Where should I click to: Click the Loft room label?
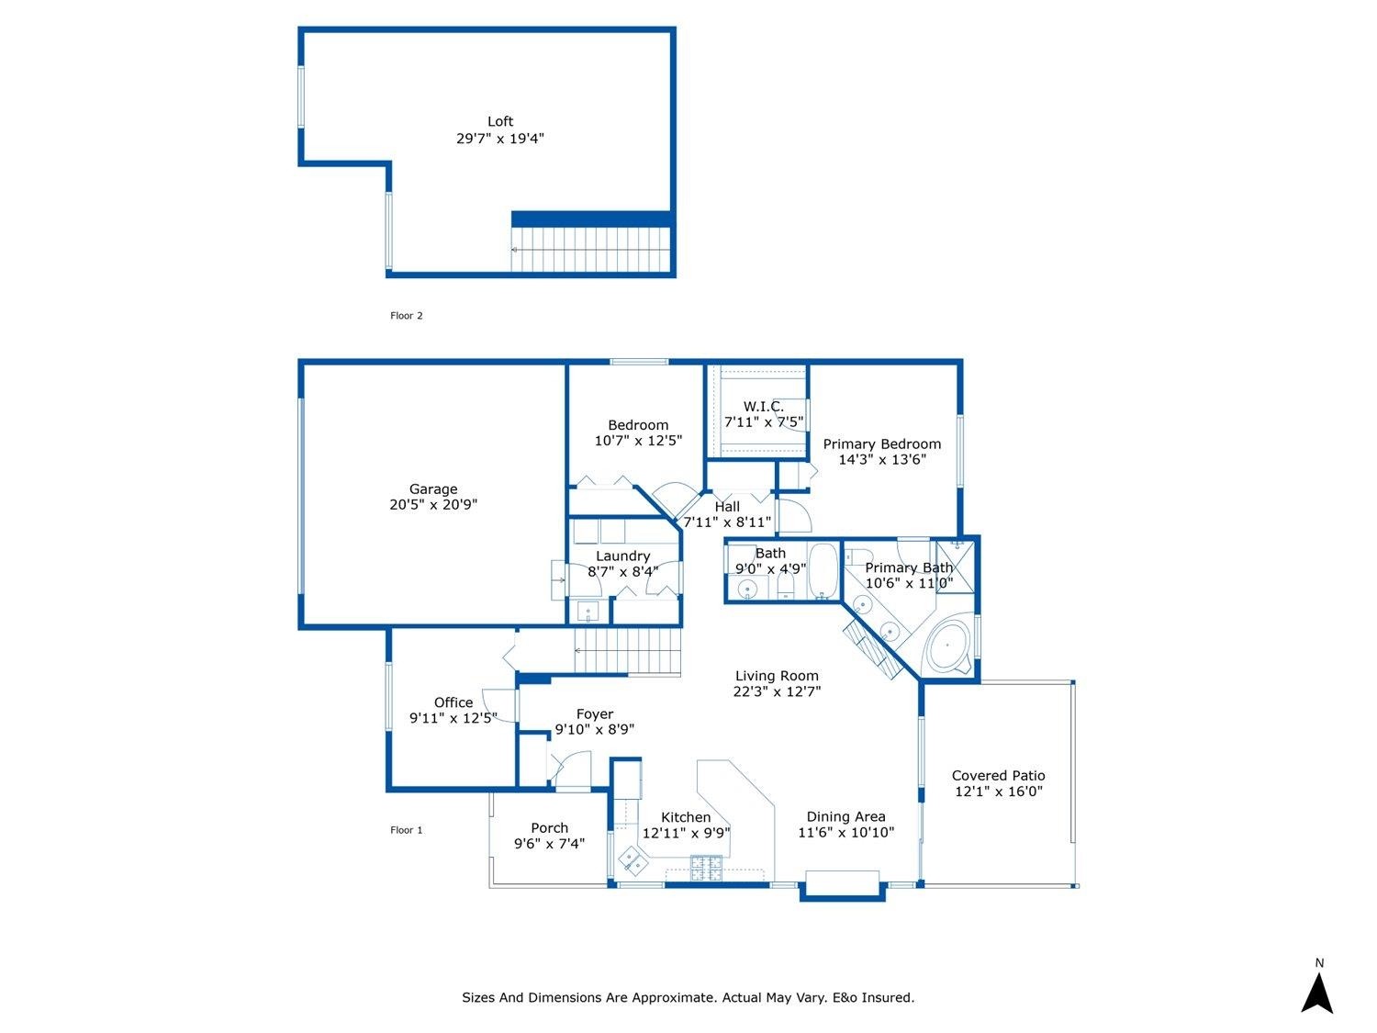click(x=500, y=121)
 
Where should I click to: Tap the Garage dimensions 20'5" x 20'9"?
click(x=433, y=504)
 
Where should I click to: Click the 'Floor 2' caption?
click(x=407, y=316)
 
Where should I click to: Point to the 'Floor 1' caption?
click(x=407, y=830)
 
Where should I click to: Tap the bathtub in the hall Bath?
click(x=822, y=571)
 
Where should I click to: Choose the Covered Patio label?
click(x=998, y=776)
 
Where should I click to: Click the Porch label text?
click(x=550, y=828)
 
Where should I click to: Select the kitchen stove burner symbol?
click(x=706, y=868)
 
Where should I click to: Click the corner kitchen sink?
click(x=633, y=861)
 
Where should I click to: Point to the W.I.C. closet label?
click(x=764, y=407)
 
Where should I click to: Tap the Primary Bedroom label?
click(x=882, y=444)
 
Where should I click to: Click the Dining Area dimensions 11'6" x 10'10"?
click(x=845, y=832)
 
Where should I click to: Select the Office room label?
click(x=453, y=702)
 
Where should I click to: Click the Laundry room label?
click(x=622, y=556)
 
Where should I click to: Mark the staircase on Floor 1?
click(x=627, y=651)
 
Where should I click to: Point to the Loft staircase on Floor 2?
click(x=591, y=250)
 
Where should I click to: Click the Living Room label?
click(x=777, y=676)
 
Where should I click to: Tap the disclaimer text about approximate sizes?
click(x=688, y=997)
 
